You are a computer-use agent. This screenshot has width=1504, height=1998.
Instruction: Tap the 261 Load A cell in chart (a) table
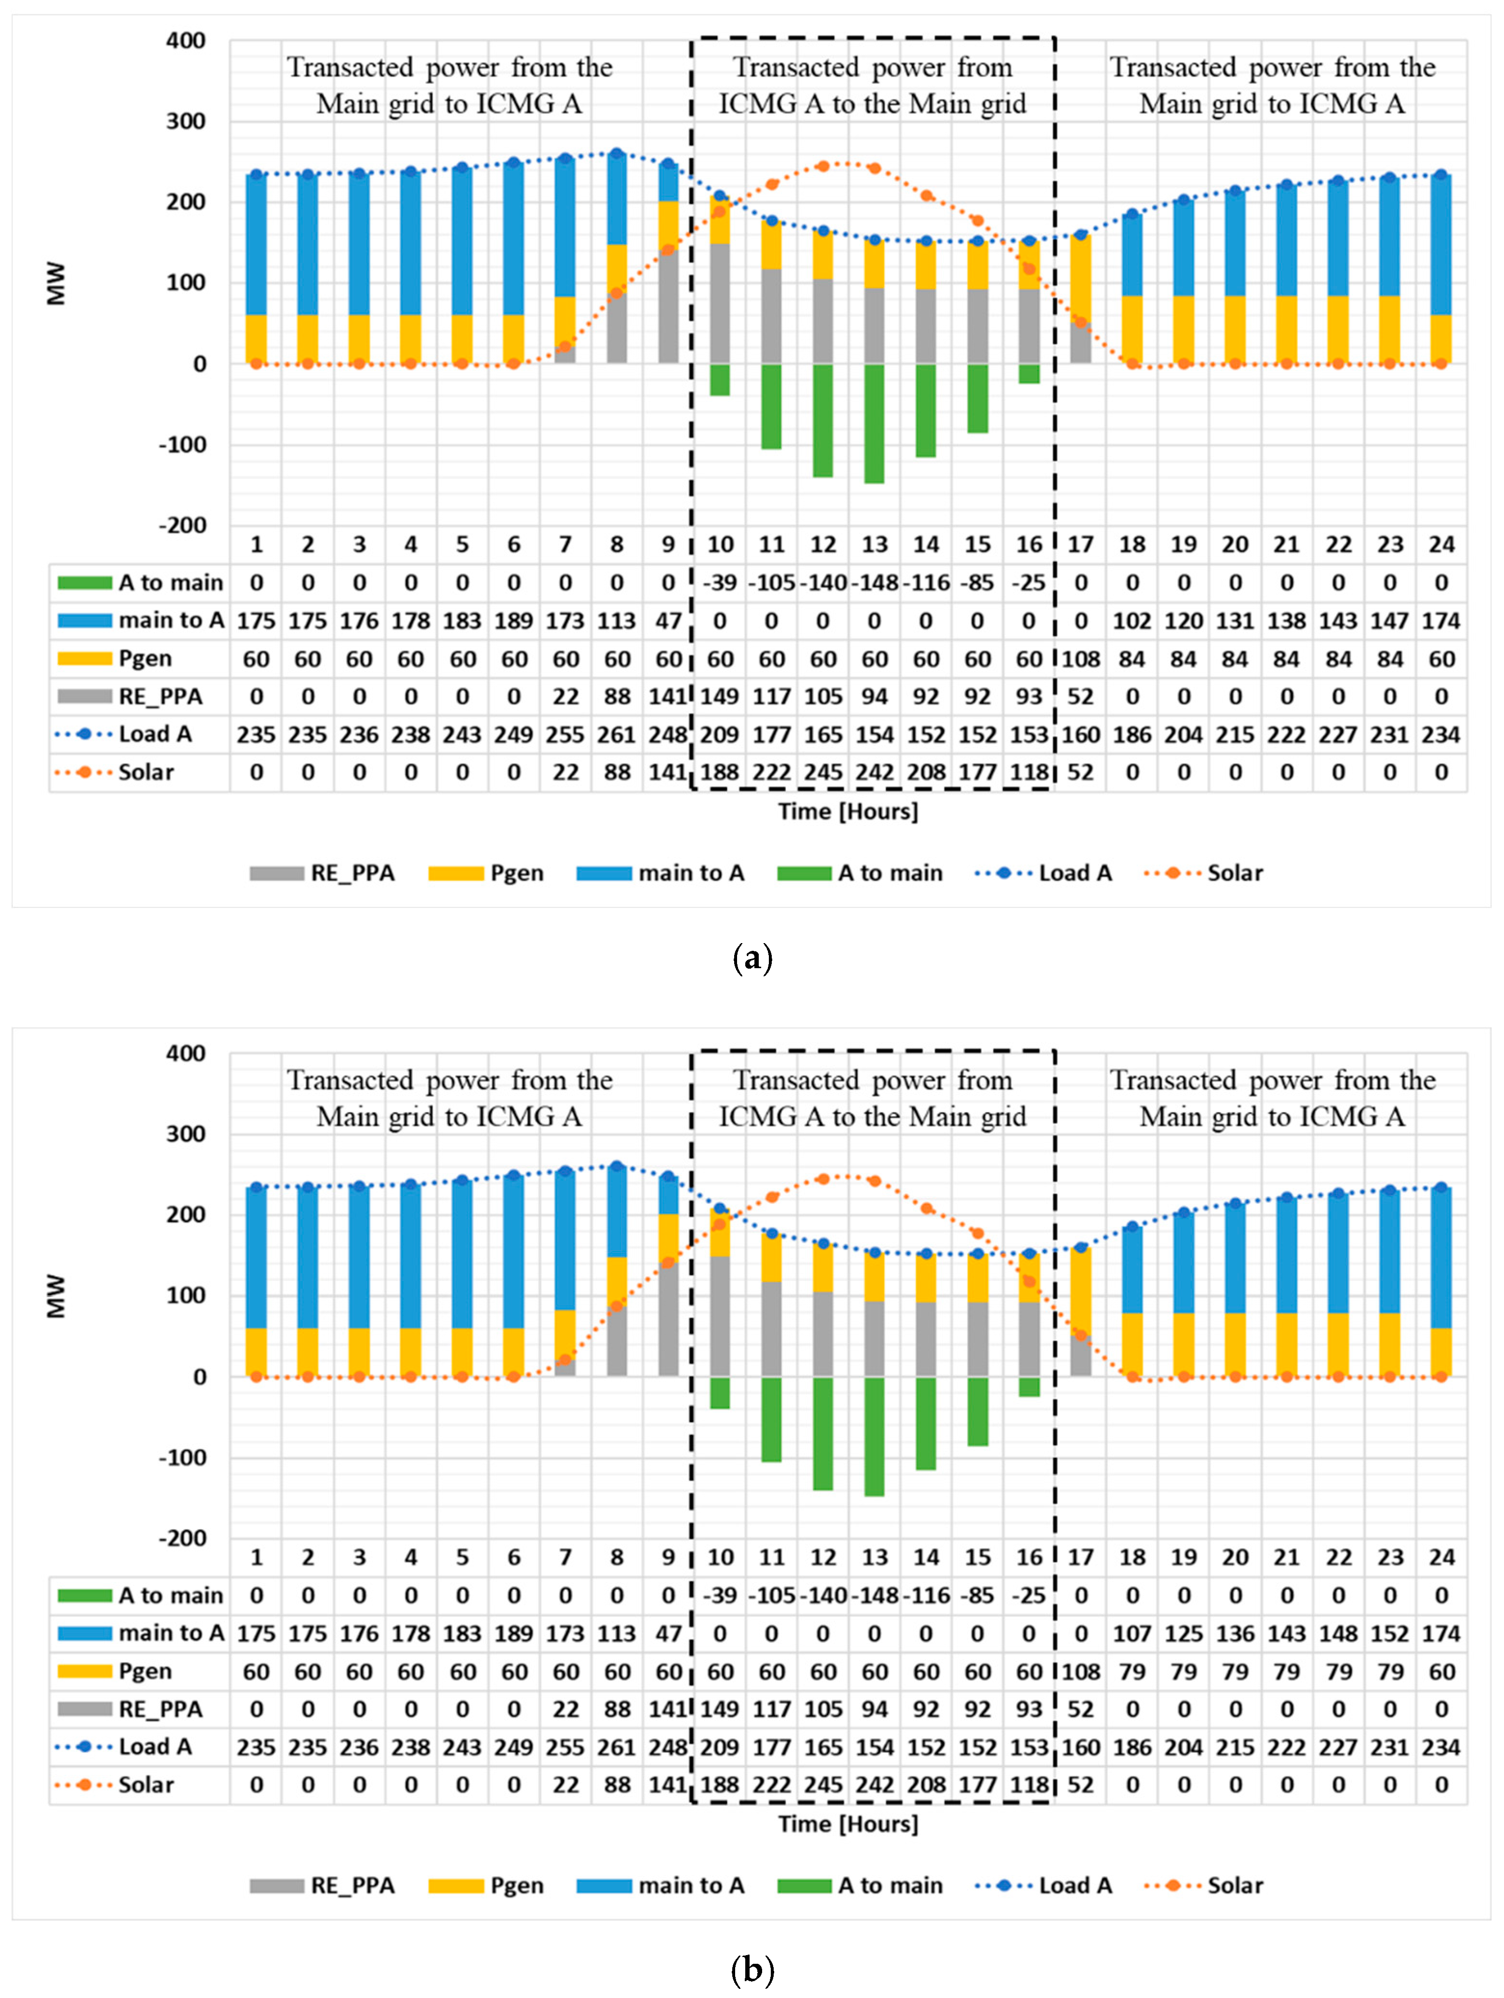click(617, 734)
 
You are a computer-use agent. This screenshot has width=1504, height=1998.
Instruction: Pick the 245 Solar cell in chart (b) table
click(823, 1785)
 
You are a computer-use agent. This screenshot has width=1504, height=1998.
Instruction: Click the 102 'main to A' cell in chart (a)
click(1132, 621)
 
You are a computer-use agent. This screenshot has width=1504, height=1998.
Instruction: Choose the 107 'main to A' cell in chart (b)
click(1132, 1633)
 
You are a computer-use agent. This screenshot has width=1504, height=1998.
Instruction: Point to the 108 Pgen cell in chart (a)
click(1080, 658)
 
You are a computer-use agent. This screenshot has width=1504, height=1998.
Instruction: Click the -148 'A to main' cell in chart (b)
click(874, 1595)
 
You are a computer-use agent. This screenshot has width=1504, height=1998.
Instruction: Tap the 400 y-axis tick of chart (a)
click(185, 40)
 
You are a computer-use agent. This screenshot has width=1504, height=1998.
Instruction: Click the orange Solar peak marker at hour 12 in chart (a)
click(823, 166)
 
